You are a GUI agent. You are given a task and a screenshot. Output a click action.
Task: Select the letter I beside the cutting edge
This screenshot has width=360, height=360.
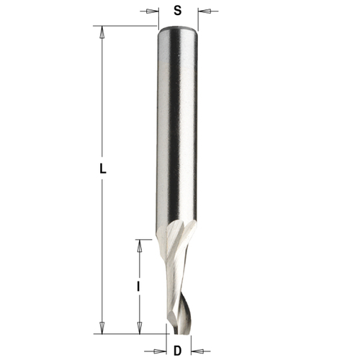(x=138, y=286)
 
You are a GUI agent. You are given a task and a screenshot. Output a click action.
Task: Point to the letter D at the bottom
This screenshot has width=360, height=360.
(x=178, y=350)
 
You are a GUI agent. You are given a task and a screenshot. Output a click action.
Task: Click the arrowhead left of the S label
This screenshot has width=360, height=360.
(x=153, y=11)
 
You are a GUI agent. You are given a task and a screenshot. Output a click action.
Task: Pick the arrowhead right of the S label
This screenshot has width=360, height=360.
(x=202, y=11)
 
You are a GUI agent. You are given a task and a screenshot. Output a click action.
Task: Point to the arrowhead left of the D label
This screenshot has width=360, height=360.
(x=161, y=350)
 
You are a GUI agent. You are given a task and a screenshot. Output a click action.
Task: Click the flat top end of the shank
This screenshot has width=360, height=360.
(x=178, y=28)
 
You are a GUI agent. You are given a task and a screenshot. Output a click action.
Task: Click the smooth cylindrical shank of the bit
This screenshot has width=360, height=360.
(x=178, y=130)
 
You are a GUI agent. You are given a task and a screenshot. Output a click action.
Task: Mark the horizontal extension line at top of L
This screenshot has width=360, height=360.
(x=126, y=27)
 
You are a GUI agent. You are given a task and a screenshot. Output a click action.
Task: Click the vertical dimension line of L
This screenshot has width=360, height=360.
(x=102, y=108)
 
